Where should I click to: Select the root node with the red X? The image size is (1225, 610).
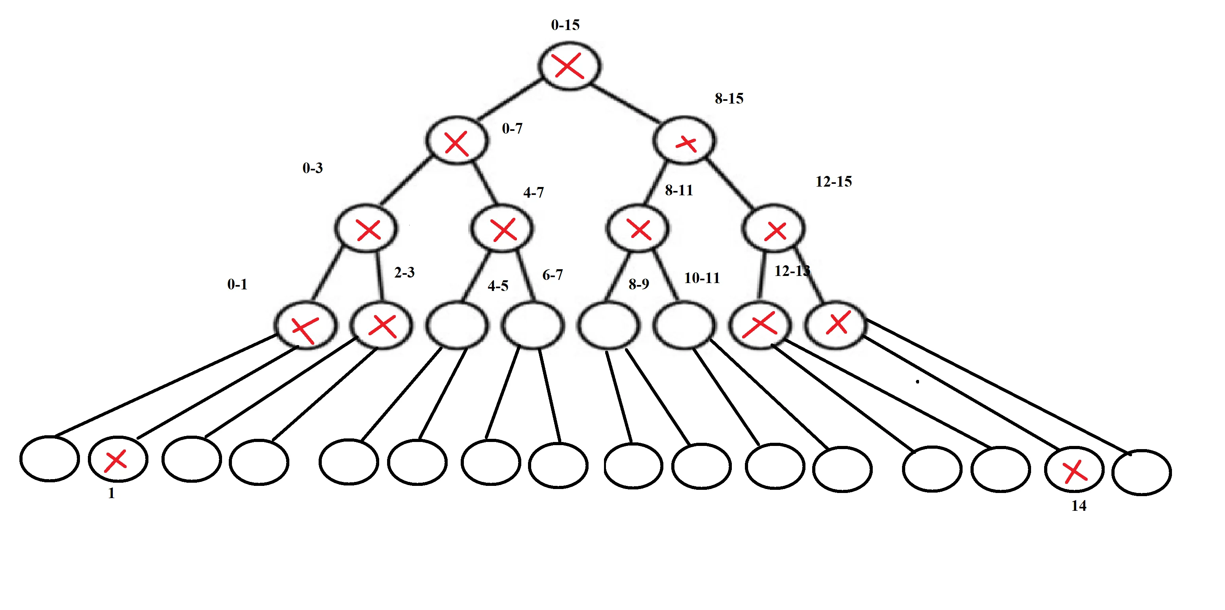[x=569, y=66]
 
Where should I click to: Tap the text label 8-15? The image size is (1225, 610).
[x=729, y=98]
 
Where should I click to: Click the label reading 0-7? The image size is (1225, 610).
[x=512, y=128]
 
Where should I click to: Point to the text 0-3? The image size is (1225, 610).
[x=312, y=168]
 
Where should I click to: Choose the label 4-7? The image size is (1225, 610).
[x=533, y=193]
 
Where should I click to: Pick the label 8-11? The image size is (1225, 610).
[x=679, y=191]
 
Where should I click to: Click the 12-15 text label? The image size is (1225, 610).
[x=833, y=181]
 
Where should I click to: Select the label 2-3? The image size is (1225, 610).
[x=404, y=273]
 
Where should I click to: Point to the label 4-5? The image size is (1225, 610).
[x=498, y=286]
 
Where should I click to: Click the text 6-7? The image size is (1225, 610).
[x=552, y=275]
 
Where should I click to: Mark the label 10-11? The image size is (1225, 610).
[x=701, y=278]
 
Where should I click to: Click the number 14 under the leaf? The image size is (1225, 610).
[x=1079, y=506]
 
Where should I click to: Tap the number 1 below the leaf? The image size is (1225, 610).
[x=111, y=493]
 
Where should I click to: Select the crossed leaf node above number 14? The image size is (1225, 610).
[x=1074, y=470]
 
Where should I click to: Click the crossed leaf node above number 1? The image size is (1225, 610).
[x=118, y=459]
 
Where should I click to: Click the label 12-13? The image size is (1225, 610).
[x=791, y=271]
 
